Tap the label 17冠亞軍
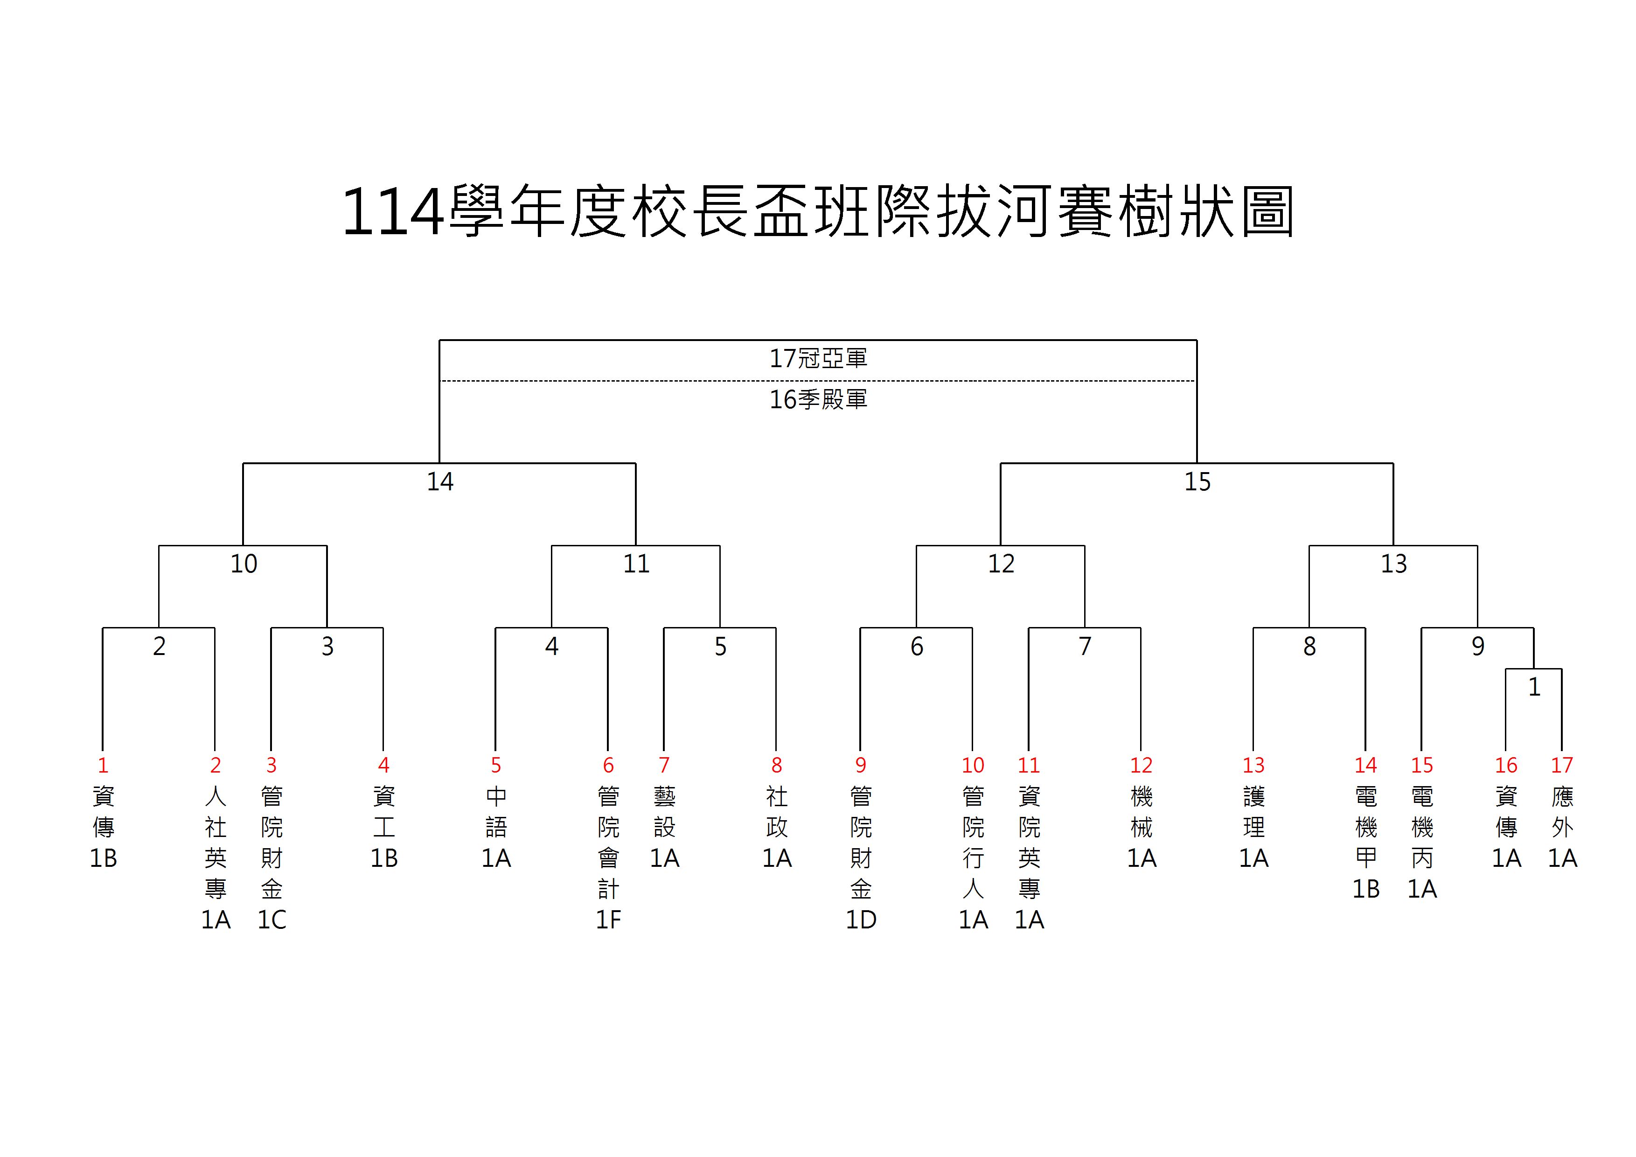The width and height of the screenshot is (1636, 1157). [818, 358]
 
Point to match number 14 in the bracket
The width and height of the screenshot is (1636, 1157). [439, 481]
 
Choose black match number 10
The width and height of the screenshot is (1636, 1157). [243, 564]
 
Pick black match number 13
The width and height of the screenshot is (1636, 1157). [1394, 564]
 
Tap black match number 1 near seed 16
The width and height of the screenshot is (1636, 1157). [1534, 687]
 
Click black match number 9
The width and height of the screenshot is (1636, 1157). [1478, 646]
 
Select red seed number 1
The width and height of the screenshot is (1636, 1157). [103, 765]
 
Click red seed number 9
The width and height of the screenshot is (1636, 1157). [861, 765]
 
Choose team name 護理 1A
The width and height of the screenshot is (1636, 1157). [1253, 827]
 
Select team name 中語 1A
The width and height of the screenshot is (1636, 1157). [496, 827]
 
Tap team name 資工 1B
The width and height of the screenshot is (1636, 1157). [383, 827]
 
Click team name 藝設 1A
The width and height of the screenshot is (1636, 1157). [664, 827]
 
